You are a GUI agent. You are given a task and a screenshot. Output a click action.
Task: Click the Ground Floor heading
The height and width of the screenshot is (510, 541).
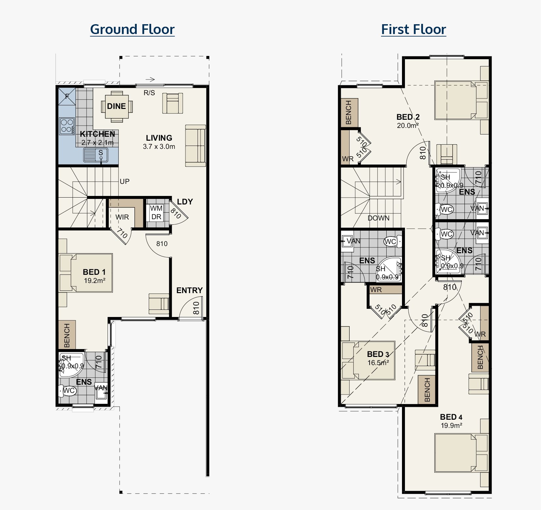[132, 29]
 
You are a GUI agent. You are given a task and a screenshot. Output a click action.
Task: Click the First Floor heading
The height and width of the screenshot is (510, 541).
[413, 29]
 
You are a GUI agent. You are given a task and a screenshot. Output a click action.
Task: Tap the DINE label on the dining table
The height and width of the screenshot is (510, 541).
[116, 106]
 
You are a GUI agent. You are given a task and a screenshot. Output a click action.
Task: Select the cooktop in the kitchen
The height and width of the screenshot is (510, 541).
[67, 126]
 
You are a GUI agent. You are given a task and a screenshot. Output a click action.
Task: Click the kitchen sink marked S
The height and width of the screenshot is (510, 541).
[96, 155]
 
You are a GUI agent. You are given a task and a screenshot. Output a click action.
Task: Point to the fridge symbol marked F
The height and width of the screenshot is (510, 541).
[67, 96]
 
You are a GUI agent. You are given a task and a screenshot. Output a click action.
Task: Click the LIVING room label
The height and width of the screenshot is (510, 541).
[159, 138]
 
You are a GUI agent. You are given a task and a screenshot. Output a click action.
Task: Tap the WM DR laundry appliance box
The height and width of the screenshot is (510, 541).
[156, 213]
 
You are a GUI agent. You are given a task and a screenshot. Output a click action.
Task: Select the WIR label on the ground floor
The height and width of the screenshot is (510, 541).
[122, 217]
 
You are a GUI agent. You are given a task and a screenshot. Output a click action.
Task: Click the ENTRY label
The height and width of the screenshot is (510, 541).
[189, 290]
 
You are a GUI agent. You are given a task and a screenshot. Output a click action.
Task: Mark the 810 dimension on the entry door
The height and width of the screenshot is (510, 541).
[196, 308]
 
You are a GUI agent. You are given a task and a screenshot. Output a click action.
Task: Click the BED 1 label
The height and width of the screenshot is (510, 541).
[94, 272]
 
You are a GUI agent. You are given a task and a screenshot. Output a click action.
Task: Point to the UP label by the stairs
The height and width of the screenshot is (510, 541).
[125, 181]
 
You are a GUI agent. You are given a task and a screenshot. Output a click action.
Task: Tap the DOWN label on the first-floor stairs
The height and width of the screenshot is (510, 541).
[378, 218]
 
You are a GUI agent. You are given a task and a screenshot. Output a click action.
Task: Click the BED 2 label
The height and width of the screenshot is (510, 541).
[408, 117]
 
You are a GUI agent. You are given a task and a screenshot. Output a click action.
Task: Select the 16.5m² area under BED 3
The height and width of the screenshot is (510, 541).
[378, 362]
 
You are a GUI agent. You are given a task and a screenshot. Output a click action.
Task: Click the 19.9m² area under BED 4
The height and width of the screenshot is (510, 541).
[451, 425]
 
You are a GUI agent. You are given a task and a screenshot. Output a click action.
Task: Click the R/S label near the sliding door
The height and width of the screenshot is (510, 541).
[149, 93]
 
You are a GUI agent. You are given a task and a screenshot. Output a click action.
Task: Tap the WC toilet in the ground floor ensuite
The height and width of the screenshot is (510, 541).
[67, 390]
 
